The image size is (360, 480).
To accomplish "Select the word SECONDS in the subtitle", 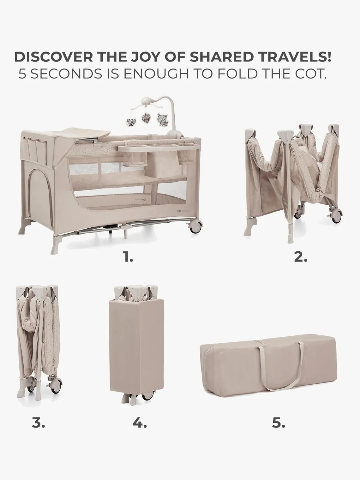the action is click(66, 74).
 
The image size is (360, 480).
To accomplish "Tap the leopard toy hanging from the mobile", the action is click(162, 120).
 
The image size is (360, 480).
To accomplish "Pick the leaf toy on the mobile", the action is click(146, 118).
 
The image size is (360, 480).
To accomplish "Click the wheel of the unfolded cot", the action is click(195, 226).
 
